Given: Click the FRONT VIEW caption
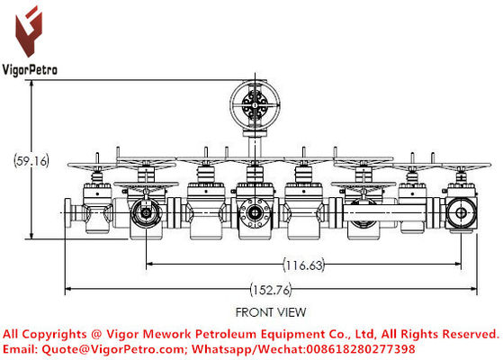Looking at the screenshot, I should [270, 312].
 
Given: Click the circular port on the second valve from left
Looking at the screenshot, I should [143, 213].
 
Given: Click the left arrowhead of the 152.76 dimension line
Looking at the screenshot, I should [69, 290].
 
